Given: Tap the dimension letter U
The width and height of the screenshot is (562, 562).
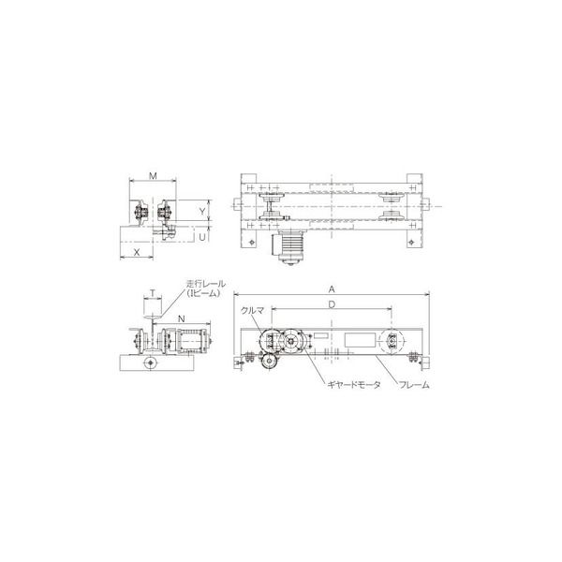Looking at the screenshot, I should click(203, 238).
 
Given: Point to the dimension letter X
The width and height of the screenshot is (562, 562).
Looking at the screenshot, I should click(138, 252).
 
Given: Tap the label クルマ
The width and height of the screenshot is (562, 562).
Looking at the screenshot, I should click(252, 309).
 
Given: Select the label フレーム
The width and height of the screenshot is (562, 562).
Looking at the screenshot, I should click(413, 385).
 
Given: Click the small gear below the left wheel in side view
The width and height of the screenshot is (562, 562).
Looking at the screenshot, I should click(269, 365).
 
